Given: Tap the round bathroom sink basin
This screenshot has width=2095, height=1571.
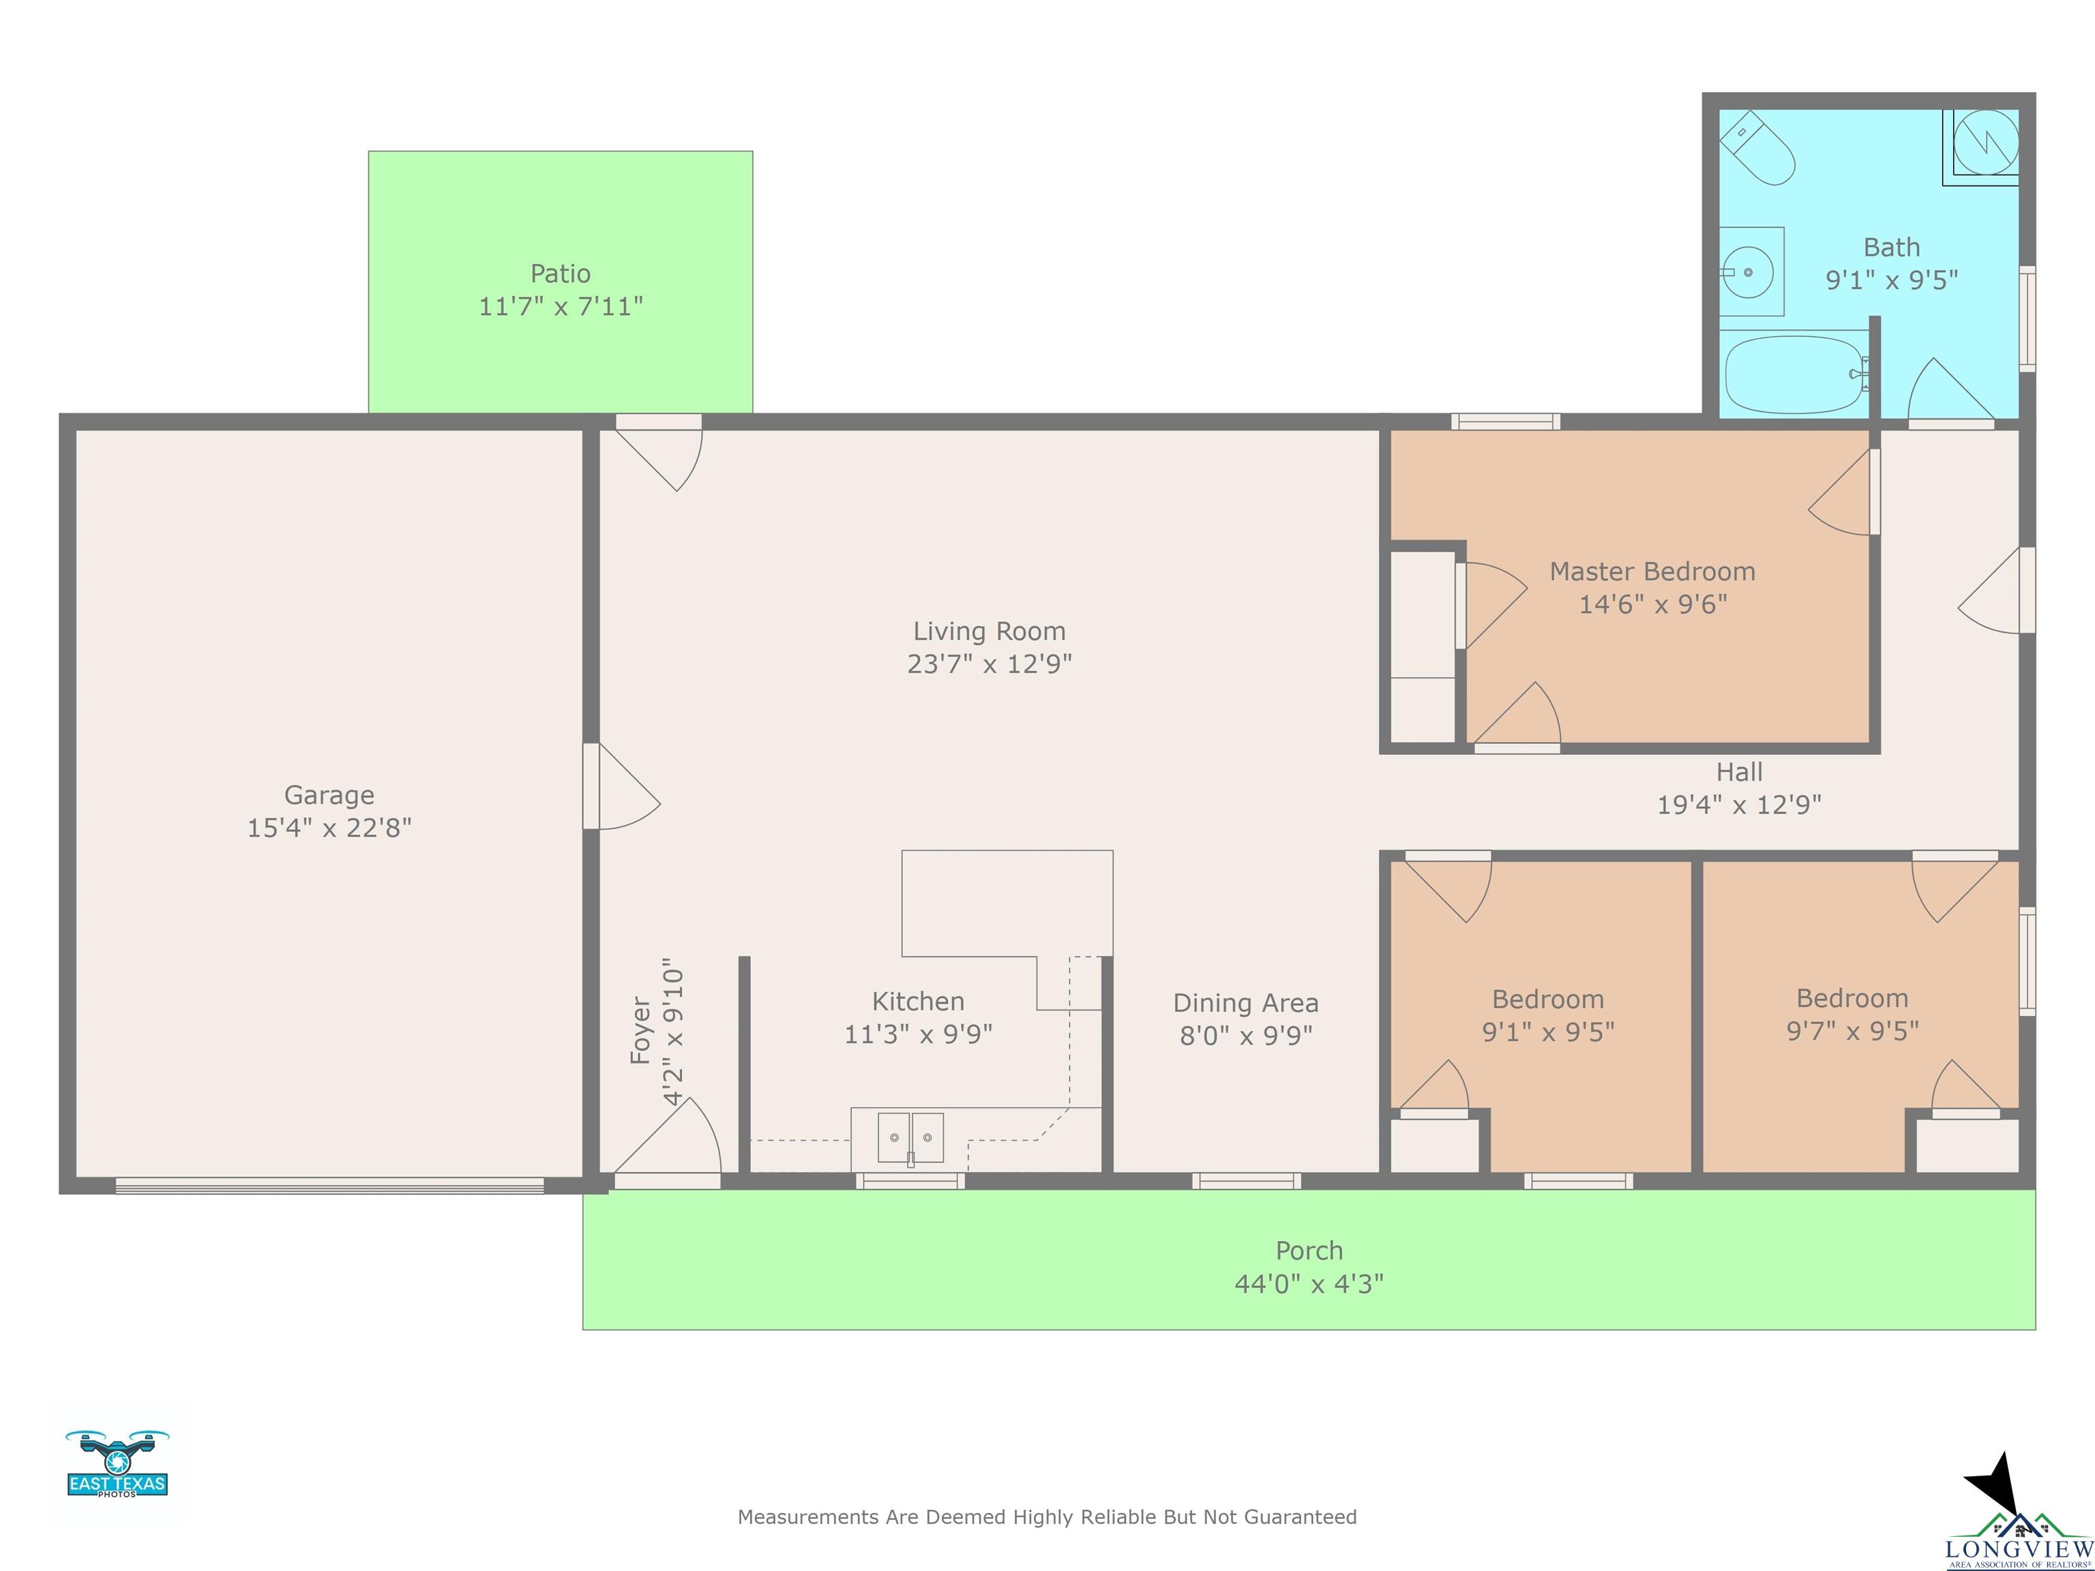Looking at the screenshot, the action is point(1747,272).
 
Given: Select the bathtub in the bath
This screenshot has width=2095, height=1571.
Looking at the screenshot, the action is point(1795,374).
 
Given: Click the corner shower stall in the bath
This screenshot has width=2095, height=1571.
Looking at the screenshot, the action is point(1981,147).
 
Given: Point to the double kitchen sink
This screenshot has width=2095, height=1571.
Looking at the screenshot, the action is point(910,1137).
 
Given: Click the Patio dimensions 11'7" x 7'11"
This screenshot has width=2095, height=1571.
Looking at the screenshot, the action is point(561,307).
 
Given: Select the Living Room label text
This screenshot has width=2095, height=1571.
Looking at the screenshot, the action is point(990,631).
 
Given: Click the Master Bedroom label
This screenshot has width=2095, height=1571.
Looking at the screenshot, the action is point(1652,572).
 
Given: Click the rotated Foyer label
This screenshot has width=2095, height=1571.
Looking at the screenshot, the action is point(641,1030).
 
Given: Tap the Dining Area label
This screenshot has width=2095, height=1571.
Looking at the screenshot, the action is point(1245,1004).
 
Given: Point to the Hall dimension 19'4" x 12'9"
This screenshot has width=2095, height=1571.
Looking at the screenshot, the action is point(1739,805).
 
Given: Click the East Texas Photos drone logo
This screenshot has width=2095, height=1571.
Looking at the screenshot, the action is point(117,1463).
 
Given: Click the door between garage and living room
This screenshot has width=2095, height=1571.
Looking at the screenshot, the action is point(621,786).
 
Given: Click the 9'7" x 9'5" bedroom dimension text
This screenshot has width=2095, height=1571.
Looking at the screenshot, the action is point(1852,1031).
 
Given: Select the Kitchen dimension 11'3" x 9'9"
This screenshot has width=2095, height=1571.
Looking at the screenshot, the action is point(918,1034).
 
